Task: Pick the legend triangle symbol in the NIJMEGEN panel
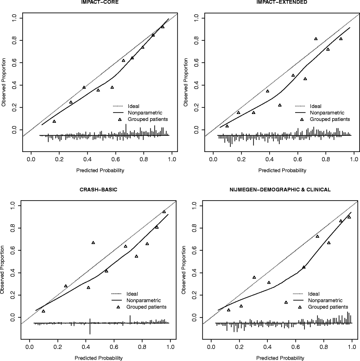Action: click(300, 307)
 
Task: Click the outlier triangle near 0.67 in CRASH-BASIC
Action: click(93, 243)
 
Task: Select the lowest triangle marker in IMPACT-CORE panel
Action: click(54, 121)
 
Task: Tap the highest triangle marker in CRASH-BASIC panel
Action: click(164, 212)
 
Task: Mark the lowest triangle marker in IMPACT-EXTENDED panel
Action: click(227, 126)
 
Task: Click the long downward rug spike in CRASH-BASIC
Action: click(90, 328)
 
